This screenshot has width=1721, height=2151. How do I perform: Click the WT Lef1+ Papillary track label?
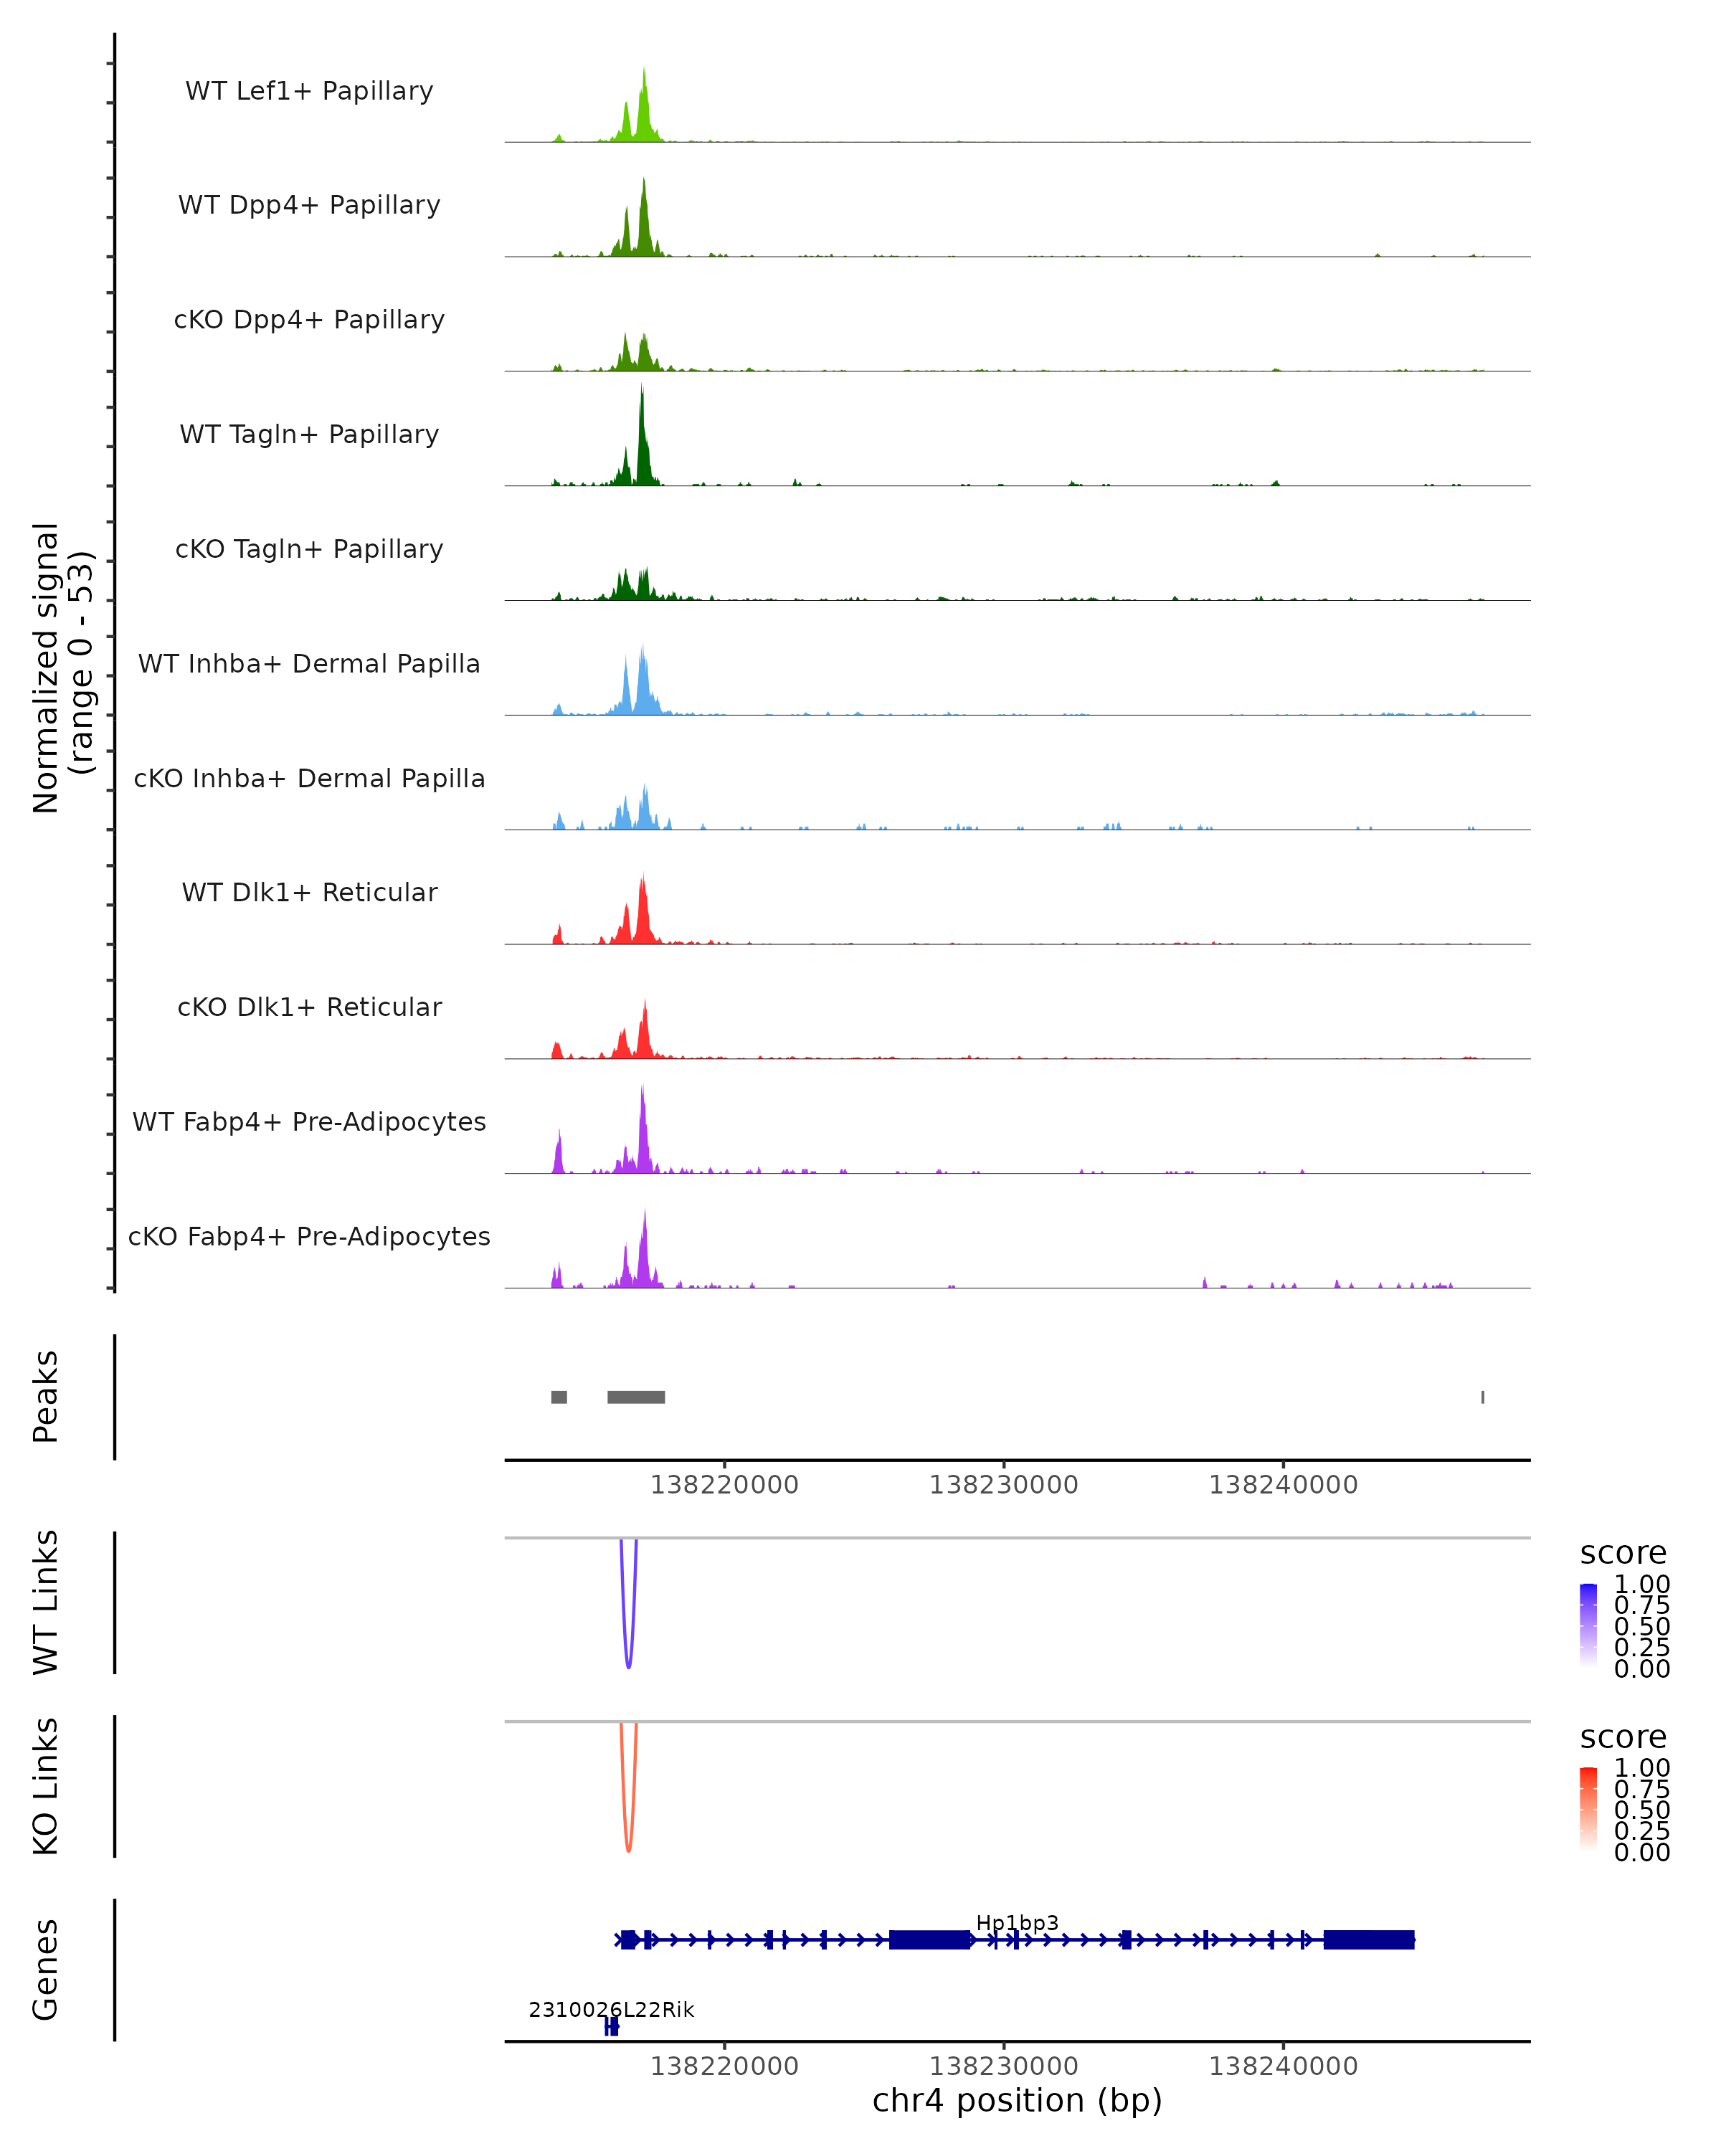pyautogui.click(x=309, y=91)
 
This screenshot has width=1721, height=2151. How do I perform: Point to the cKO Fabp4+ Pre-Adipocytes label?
pyautogui.click(x=309, y=1236)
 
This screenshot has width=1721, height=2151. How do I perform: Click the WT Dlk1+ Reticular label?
pyautogui.click(x=309, y=892)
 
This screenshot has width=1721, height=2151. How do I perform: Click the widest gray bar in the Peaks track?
pyautogui.click(x=635, y=1397)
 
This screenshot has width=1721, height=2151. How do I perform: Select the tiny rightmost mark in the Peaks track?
pyautogui.click(x=1482, y=1397)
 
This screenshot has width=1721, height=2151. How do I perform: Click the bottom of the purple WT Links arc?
pyautogui.click(x=627, y=1666)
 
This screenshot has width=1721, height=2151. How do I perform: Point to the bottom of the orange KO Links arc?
pyautogui.click(x=627, y=1850)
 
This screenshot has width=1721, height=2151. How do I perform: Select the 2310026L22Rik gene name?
pyautogui.click(x=610, y=2009)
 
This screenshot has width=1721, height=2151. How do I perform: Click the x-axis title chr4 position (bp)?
pyautogui.click(x=1017, y=2100)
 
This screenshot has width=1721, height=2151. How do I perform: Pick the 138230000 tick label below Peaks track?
pyautogui.click(x=1004, y=1485)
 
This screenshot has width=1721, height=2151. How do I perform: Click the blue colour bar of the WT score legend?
pyautogui.click(x=1588, y=1625)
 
